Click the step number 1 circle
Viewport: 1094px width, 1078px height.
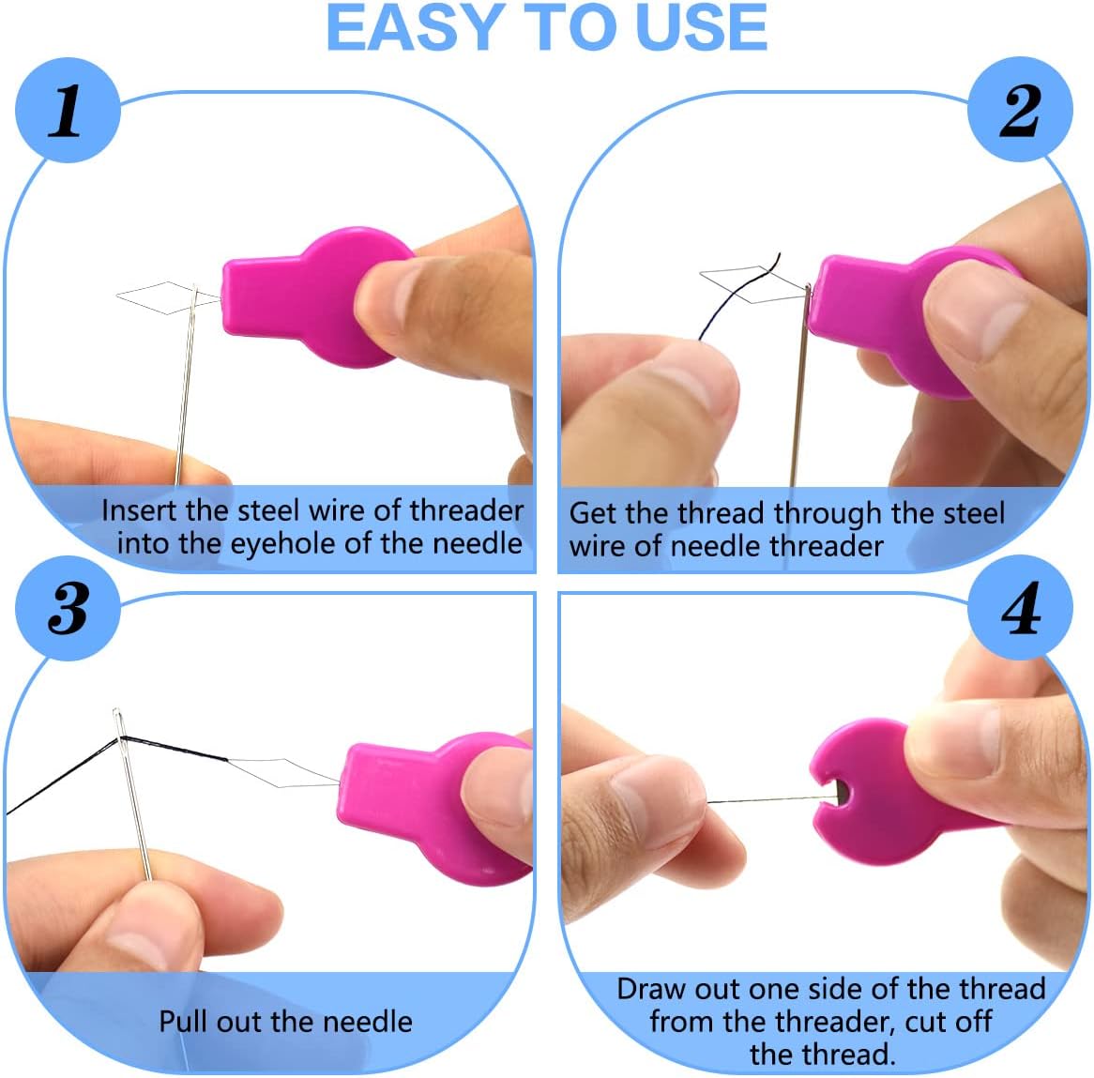pos(68,110)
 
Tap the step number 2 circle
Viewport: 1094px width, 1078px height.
pos(1021,110)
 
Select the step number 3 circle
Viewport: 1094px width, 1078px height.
pos(68,607)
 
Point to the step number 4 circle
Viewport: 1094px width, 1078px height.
pos(1021,607)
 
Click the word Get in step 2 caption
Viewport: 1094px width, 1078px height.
pos(592,513)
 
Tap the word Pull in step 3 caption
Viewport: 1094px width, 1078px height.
pos(184,1021)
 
